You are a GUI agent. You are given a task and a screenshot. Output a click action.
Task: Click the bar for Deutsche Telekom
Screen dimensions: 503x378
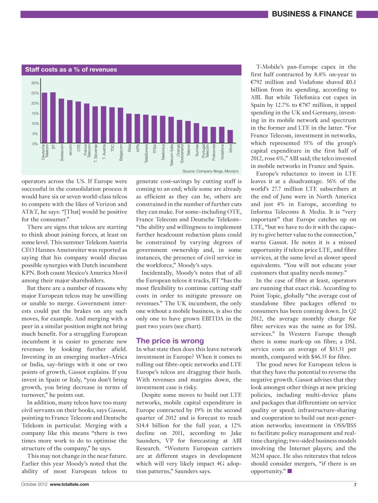(x=44, y=118)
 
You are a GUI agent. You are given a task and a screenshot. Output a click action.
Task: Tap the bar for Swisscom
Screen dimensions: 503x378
(x=61, y=121)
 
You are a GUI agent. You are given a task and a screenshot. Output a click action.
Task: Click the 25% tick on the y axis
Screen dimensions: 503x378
(x=35, y=93)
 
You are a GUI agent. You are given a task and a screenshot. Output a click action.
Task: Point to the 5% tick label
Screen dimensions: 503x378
(x=35, y=134)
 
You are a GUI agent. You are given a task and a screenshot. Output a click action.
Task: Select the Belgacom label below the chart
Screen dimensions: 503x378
(x=121, y=153)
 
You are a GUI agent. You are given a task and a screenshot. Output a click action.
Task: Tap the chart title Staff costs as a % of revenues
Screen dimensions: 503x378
(x=71, y=70)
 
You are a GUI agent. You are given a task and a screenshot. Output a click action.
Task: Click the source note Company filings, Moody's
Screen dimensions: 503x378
(x=210, y=171)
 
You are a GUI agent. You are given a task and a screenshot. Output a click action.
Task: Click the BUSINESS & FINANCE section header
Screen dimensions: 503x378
(x=312, y=14)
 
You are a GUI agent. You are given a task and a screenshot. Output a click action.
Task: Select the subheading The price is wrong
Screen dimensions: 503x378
(x=170, y=341)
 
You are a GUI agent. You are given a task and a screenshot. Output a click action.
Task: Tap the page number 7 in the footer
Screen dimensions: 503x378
(x=355, y=485)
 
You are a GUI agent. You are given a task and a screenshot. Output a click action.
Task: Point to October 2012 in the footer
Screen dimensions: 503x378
(x=34, y=484)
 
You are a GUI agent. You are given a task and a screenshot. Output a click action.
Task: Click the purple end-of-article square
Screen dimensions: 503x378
(x=290, y=471)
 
